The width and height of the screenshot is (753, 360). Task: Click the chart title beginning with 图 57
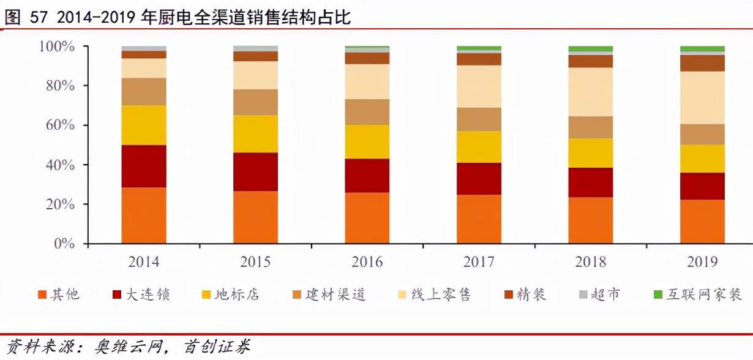click(x=178, y=17)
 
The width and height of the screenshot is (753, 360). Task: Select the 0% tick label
click(x=64, y=244)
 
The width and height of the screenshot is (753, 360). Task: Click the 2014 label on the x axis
click(x=144, y=262)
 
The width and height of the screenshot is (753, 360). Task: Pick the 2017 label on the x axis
click(x=479, y=262)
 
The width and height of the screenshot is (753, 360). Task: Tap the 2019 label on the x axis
click(x=702, y=262)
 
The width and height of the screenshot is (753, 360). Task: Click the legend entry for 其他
click(x=58, y=294)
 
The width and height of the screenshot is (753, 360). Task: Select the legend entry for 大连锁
click(x=141, y=294)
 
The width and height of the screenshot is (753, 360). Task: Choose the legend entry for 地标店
click(x=230, y=294)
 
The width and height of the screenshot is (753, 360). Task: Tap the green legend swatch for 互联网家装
click(x=658, y=294)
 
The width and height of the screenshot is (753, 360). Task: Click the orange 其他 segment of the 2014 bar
click(x=144, y=216)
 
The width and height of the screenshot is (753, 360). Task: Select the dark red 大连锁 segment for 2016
click(x=367, y=176)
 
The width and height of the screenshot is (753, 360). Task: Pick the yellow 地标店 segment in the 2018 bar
click(x=591, y=153)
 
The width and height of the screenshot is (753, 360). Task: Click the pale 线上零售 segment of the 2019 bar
click(x=702, y=98)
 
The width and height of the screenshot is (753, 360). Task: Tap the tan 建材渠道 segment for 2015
click(x=255, y=102)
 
